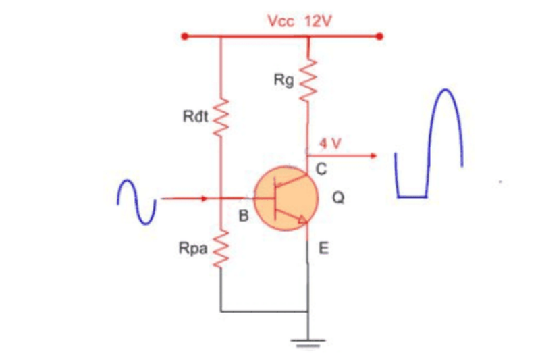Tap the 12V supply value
click(x=317, y=21)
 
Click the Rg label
click(x=283, y=81)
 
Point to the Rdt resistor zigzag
click(x=221, y=118)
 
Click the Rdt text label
click(x=196, y=118)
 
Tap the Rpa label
click(x=192, y=249)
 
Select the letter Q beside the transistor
click(x=338, y=199)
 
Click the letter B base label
click(x=244, y=216)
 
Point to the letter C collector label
click(x=321, y=170)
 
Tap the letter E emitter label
click(x=323, y=249)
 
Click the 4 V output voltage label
click(x=331, y=143)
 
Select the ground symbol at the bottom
click(x=308, y=342)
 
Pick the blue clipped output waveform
click(x=429, y=149)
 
